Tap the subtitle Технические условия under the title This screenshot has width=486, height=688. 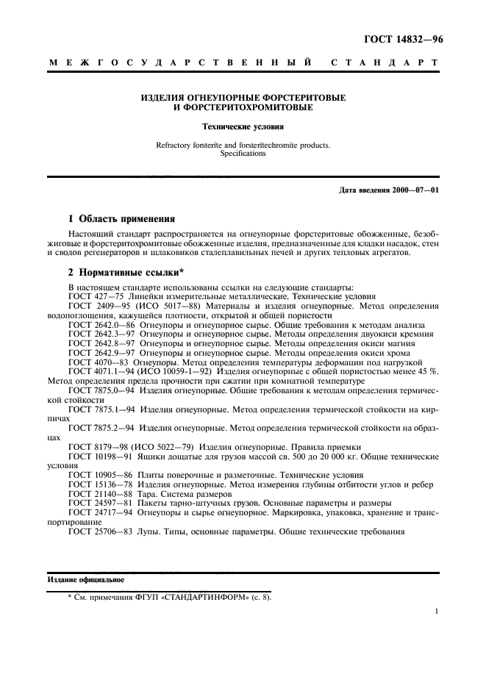243,127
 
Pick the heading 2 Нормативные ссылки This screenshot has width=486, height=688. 125,271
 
